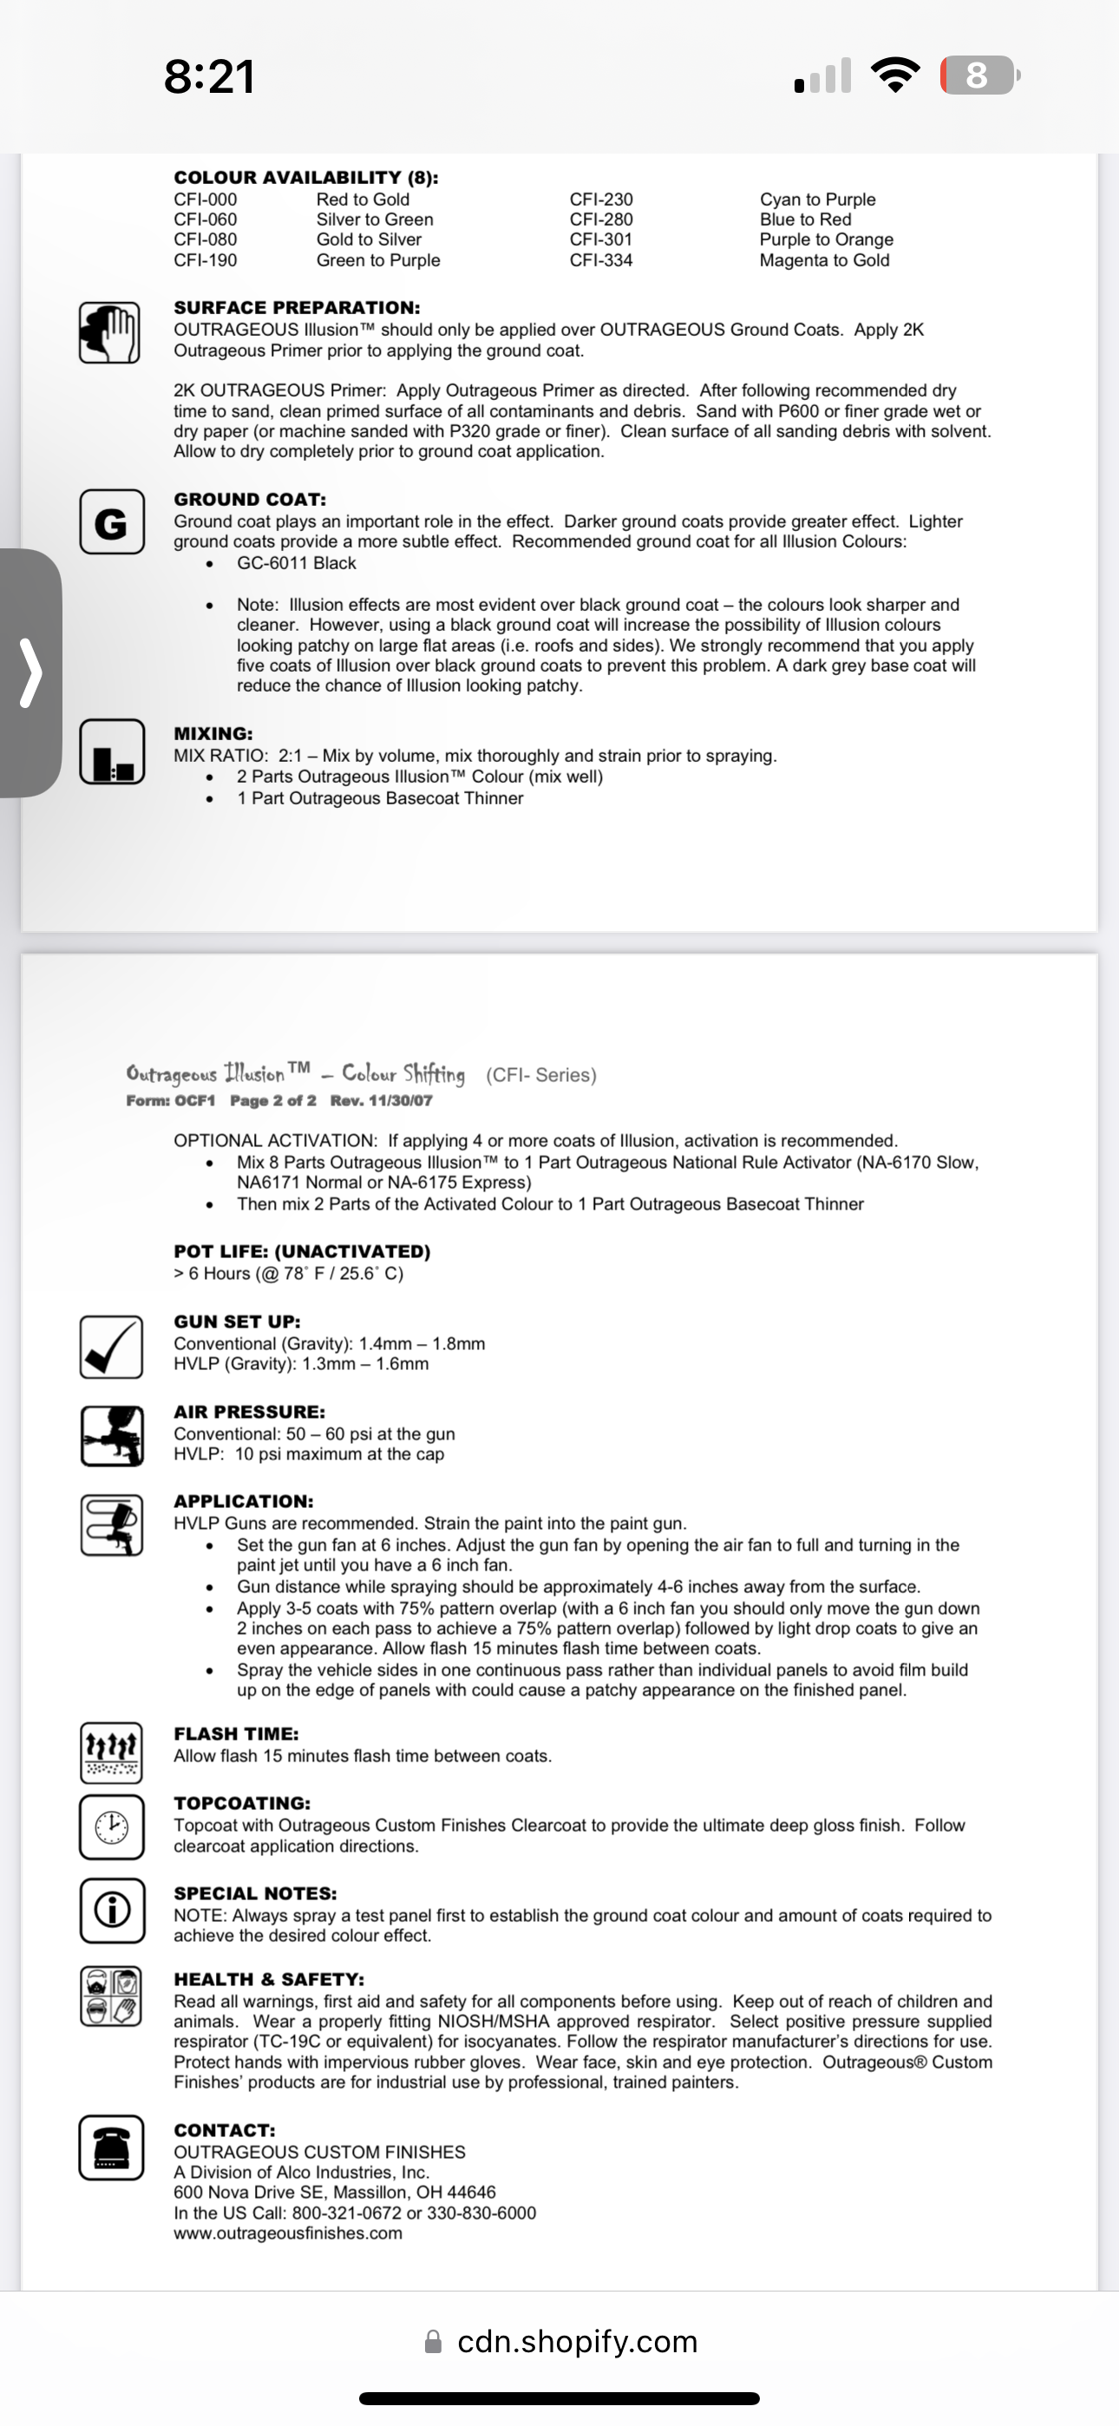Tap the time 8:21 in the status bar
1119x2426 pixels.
(209, 76)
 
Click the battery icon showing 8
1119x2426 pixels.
(978, 75)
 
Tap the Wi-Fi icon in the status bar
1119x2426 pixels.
(896, 75)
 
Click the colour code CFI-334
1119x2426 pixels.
(601, 260)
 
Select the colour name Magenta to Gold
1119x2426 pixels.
(824, 260)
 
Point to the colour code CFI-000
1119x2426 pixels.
(206, 199)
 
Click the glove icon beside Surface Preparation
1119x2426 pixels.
(110, 332)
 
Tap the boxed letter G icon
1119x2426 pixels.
(111, 522)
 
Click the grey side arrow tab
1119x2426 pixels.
(31, 672)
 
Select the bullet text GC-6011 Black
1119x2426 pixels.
(296, 563)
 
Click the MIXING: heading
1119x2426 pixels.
(213, 732)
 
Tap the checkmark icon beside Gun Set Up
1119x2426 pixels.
(111, 1347)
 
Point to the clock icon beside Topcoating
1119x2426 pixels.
(111, 1827)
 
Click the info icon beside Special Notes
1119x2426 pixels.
(111, 1911)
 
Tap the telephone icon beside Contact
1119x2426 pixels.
(111, 2148)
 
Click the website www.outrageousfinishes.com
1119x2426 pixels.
(287, 2233)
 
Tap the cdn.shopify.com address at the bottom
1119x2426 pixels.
(577, 2341)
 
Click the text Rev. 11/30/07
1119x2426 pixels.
(382, 1100)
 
